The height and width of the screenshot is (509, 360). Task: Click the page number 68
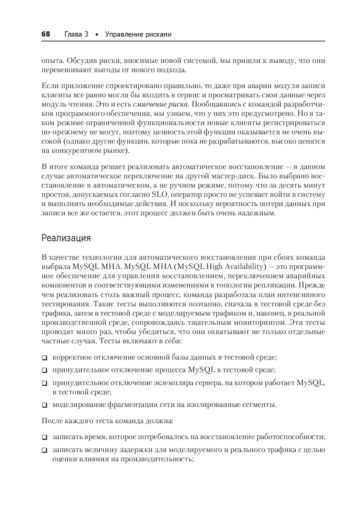(x=45, y=34)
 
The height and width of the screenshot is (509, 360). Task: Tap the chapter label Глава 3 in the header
(x=76, y=34)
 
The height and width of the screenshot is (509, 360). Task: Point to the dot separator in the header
(x=96, y=35)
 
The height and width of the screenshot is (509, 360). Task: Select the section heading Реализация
(x=66, y=237)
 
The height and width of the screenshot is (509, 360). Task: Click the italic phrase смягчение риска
(x=160, y=104)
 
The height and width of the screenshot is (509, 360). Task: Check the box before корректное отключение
(x=44, y=358)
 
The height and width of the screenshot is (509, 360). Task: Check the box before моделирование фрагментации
(x=44, y=405)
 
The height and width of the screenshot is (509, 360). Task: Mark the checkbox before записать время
(x=44, y=437)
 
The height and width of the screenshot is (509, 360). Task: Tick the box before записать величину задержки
(x=44, y=451)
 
